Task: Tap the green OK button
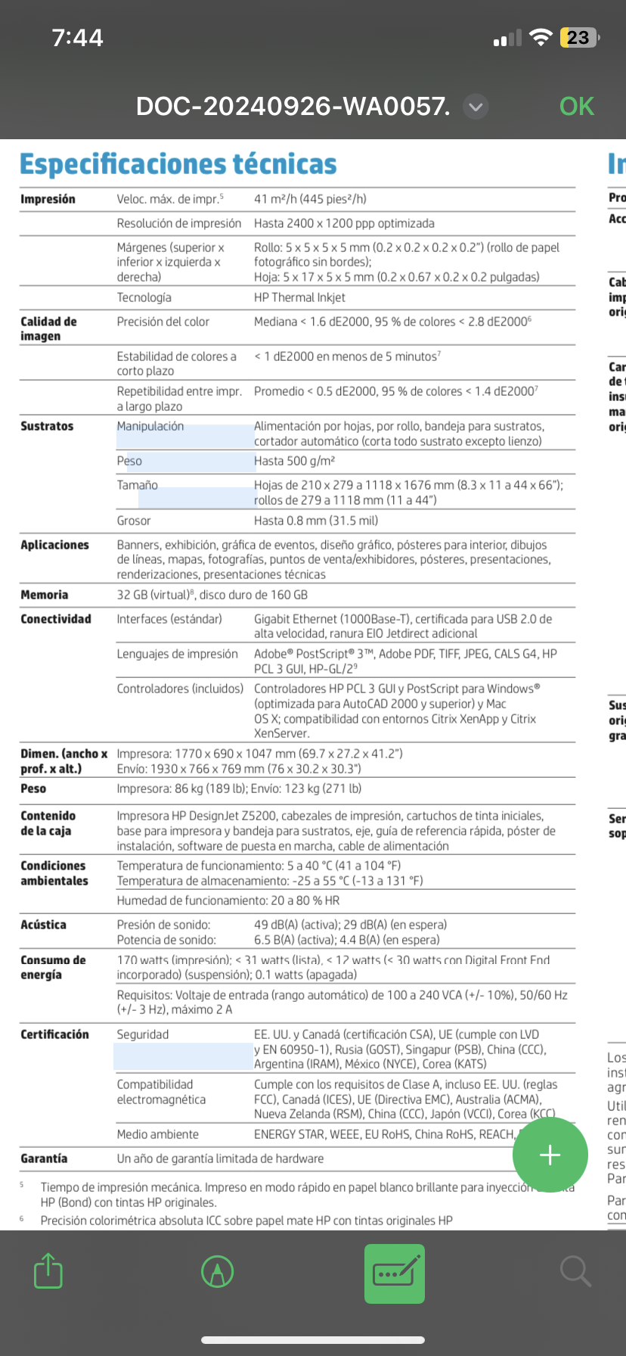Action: click(x=576, y=107)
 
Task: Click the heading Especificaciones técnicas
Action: click(x=178, y=164)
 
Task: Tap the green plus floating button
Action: click(x=550, y=1155)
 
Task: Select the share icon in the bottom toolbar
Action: click(x=48, y=1271)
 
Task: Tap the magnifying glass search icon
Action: click(x=575, y=1271)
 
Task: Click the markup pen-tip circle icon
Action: click(x=217, y=1271)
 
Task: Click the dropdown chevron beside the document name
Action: click(x=476, y=107)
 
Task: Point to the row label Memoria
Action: click(x=45, y=595)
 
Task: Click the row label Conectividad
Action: click(x=56, y=619)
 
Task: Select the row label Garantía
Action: click(x=44, y=1159)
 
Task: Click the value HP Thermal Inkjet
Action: click(x=299, y=297)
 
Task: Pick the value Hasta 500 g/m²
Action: click(x=295, y=461)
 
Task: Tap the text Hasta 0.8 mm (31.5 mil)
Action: click(x=316, y=521)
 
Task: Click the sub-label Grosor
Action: click(x=134, y=521)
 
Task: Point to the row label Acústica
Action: click(x=43, y=925)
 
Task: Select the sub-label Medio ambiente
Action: click(x=157, y=1134)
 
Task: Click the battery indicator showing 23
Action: click(x=578, y=38)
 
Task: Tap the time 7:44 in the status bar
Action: click(x=77, y=38)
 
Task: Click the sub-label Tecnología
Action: click(x=144, y=297)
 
